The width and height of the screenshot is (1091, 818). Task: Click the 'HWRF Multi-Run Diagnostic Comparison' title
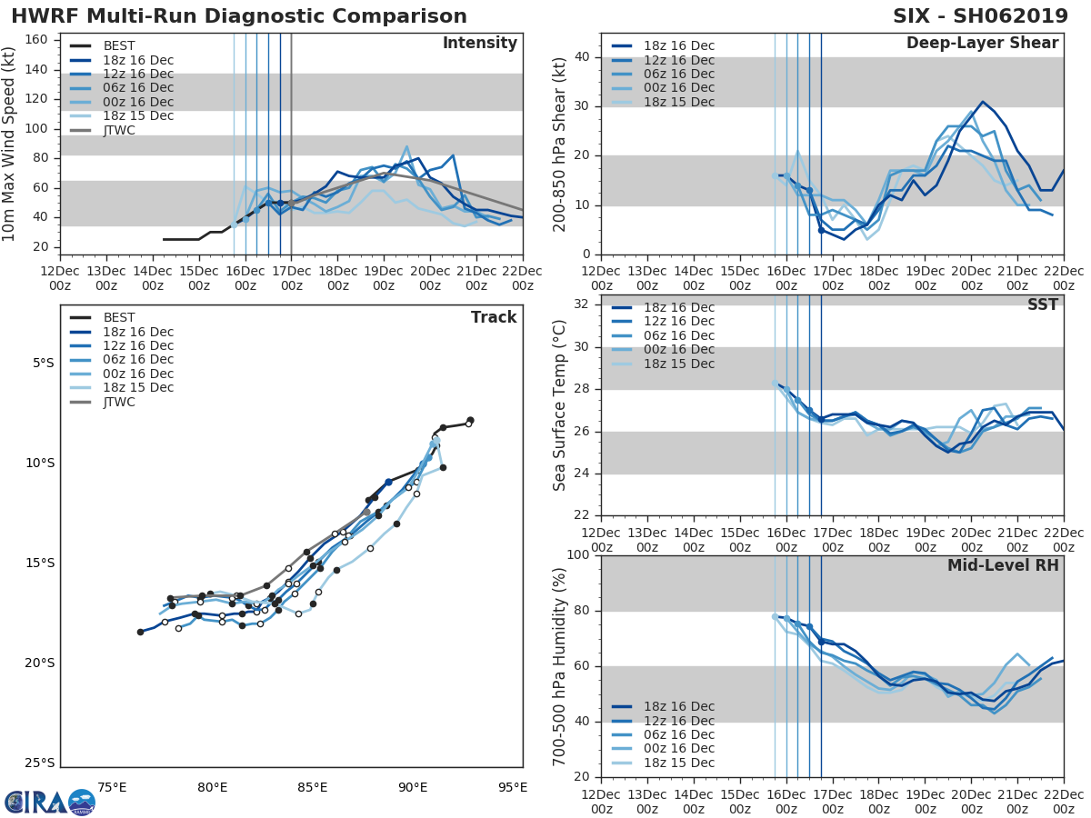pos(239,16)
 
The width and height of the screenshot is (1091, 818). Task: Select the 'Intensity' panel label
pos(479,44)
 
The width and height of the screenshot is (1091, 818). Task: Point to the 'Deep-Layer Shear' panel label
pos(982,44)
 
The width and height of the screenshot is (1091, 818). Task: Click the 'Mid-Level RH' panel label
pos(1003,566)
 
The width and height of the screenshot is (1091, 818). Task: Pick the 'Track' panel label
pos(494,318)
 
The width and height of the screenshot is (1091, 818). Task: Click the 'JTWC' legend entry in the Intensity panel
pos(118,130)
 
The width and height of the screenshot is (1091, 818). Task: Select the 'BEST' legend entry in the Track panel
pos(119,318)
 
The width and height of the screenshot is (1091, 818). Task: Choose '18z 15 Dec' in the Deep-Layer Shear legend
pos(678,102)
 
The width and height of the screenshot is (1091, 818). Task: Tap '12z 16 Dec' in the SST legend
pos(678,322)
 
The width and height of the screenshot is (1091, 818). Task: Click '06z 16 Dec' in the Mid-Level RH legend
pos(678,735)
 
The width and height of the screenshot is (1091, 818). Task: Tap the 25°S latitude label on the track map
pos(39,763)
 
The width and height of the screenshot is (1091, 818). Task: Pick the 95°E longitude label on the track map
pos(512,788)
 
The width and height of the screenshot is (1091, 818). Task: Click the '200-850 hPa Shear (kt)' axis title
pos(560,144)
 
